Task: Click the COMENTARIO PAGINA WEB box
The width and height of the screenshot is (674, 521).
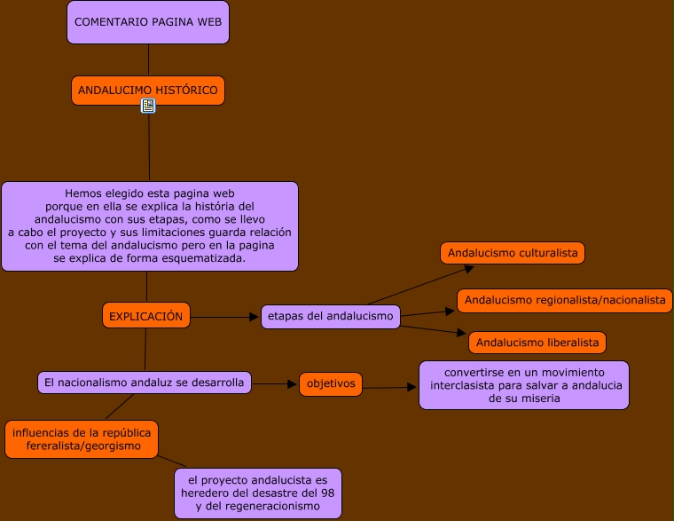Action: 148,22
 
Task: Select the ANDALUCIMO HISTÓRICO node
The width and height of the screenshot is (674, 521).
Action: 148,91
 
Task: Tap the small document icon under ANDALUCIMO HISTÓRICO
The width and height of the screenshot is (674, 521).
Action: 148,106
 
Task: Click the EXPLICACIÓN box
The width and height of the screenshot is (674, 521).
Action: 146,316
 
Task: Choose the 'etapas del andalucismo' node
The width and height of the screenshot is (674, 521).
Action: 330,317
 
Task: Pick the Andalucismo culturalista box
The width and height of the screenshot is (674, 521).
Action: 513,253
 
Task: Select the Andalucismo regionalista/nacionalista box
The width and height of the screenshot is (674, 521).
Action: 565,300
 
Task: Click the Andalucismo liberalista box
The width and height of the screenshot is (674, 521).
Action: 537,343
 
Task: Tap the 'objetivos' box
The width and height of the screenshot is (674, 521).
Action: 331,384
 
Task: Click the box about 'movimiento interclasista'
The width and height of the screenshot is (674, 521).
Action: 524,385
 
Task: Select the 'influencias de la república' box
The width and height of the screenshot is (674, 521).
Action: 82,439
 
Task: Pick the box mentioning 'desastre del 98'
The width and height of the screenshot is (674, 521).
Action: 258,493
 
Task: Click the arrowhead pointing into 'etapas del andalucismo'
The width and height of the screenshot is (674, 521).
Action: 255,317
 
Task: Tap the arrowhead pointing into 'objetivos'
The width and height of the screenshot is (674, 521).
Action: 293,384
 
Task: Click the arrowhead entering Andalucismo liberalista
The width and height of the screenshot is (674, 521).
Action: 462,335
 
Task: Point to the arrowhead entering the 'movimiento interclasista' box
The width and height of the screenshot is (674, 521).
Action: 412,387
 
